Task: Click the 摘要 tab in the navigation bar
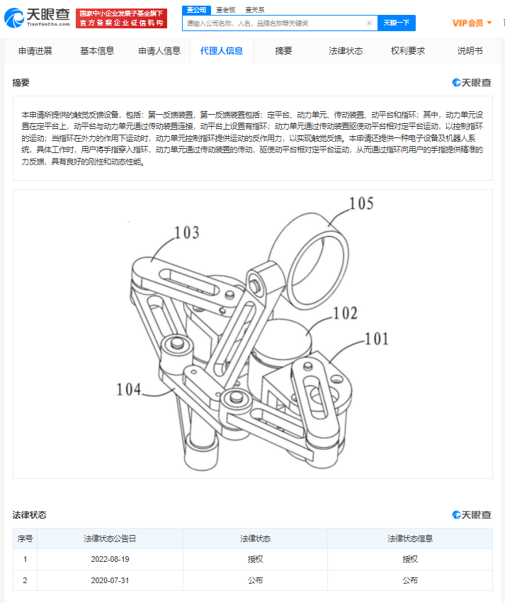[283, 51]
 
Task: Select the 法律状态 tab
[346, 51]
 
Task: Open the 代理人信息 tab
[221, 51]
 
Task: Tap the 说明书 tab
[470, 51]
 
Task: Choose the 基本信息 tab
[97, 51]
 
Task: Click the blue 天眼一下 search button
[396, 23]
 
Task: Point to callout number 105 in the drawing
[361, 205]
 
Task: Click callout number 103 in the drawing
[187, 232]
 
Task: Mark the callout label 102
[346, 313]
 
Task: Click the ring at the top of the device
[309, 242]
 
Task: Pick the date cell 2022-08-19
[110, 559]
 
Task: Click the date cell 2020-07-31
[110, 580]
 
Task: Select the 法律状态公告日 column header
[110, 539]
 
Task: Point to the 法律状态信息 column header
[409, 539]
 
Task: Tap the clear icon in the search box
[369, 23]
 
